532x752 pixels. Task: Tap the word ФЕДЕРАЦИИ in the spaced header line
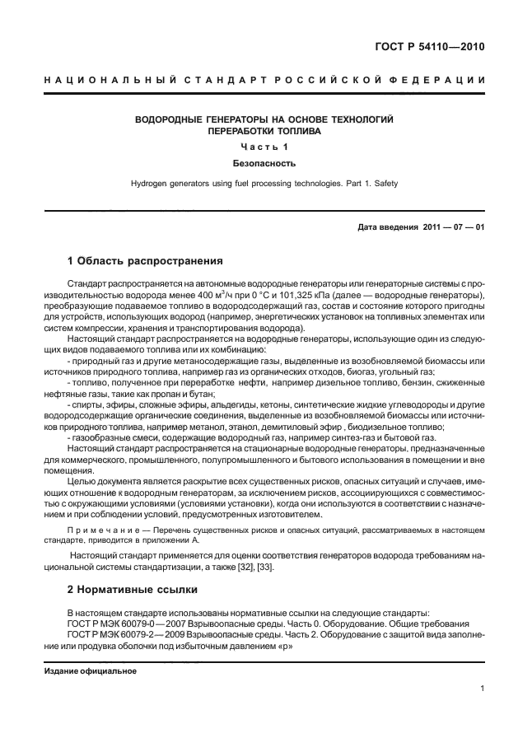pos(445,81)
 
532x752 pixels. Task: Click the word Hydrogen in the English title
pos(151,184)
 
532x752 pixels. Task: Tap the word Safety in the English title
pos(385,184)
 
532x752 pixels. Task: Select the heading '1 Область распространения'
pos(145,262)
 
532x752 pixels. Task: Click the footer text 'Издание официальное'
pos(90,670)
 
